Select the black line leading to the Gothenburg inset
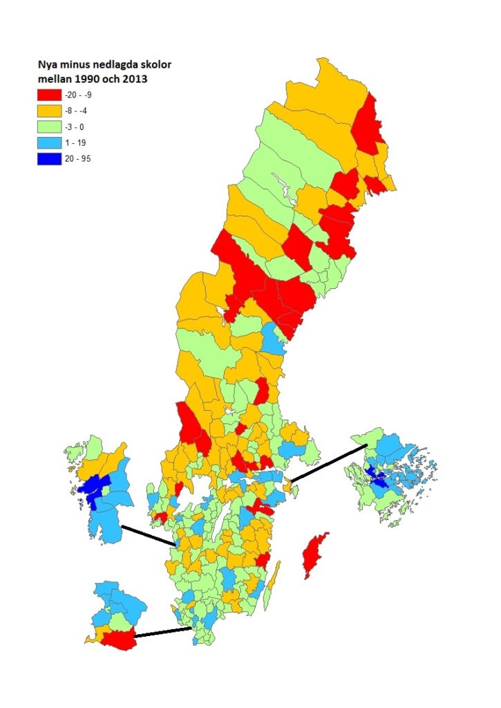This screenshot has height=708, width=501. tap(148, 536)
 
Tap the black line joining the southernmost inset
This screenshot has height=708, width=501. tap(162, 633)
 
